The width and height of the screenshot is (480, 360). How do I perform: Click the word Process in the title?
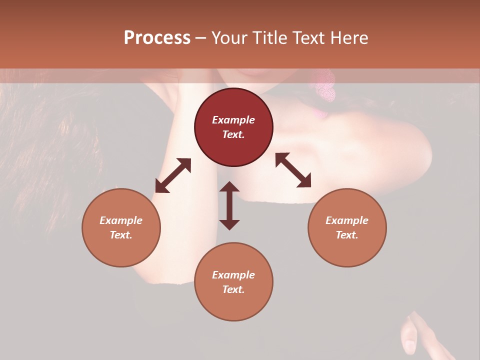tap(157, 38)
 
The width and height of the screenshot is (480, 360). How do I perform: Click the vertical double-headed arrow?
tap(229, 205)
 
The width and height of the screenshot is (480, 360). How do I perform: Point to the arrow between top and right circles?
tap(293, 170)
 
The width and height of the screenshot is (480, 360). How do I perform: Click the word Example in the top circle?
tap(233, 120)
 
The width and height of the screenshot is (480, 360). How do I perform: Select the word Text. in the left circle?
tap(121, 235)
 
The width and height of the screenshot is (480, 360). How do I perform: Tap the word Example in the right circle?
tap(347, 220)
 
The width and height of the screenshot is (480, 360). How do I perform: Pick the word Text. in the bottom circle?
tap(233, 289)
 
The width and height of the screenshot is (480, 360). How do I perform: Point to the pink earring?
tap(325, 87)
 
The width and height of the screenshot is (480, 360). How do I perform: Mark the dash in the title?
tap(201, 38)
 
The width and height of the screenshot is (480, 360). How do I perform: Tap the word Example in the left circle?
tap(121, 220)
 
